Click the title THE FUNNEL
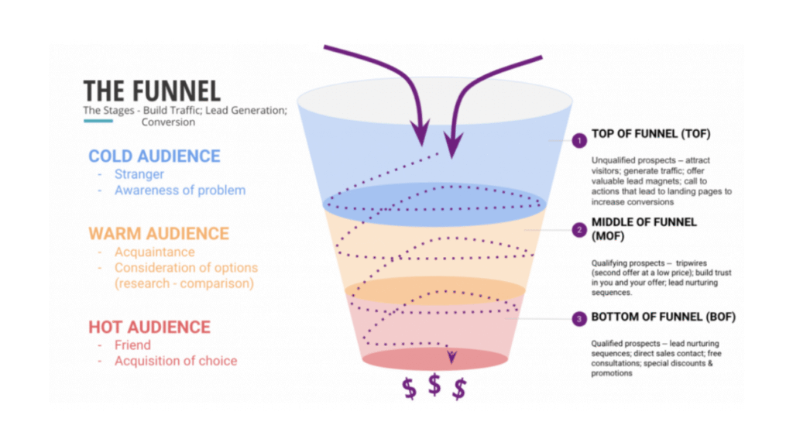click(152, 91)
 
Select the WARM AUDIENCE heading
click(159, 233)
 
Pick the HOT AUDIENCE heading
click(149, 327)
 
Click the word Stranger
click(140, 174)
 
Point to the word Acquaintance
click(155, 252)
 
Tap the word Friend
click(132, 345)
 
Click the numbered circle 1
click(578, 141)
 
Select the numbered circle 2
click(578, 229)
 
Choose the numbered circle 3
click(578, 318)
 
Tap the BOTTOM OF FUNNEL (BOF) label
click(664, 317)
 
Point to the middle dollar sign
click(434, 383)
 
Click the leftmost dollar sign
click(409, 389)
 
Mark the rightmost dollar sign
click(459, 389)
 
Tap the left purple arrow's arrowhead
click(422, 134)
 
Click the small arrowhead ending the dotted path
click(451, 356)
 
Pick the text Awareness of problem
click(180, 190)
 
